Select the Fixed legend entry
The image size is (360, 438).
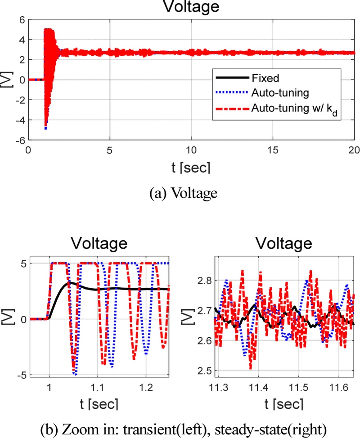coord(266,78)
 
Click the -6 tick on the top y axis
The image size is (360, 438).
coord(20,140)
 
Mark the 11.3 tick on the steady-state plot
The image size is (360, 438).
coord(215,386)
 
